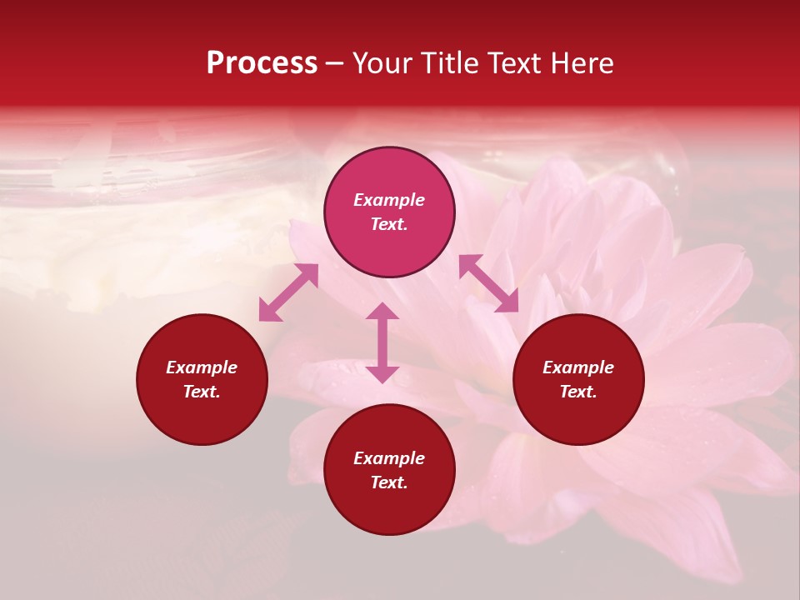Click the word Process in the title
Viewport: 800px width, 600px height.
pos(262,63)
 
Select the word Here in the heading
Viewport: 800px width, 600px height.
pos(582,63)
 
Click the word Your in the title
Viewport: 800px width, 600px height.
pos(382,63)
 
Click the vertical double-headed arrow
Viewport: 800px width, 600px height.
pos(382,342)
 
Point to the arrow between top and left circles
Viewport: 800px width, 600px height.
pos(288,292)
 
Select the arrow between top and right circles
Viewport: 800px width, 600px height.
pos(488,283)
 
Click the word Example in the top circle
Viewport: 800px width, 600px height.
pos(389,200)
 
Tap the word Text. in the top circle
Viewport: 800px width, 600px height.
pos(389,224)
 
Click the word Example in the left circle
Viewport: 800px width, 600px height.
pos(202,367)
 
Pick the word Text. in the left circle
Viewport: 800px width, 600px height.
pos(202,392)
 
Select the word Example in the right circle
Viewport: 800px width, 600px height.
pos(578,367)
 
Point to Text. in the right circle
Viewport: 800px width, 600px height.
pos(578,392)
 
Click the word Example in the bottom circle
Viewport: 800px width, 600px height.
pos(389,458)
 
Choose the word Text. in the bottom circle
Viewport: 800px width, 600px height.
pos(389,482)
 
